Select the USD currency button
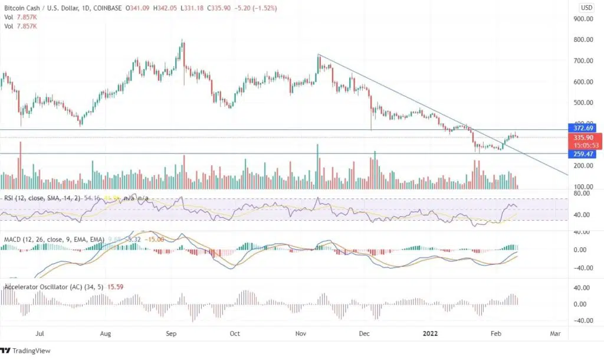coord(586,8)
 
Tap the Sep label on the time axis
coord(171,333)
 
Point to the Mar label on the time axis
coord(555,333)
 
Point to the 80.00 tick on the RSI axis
coord(583,194)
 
